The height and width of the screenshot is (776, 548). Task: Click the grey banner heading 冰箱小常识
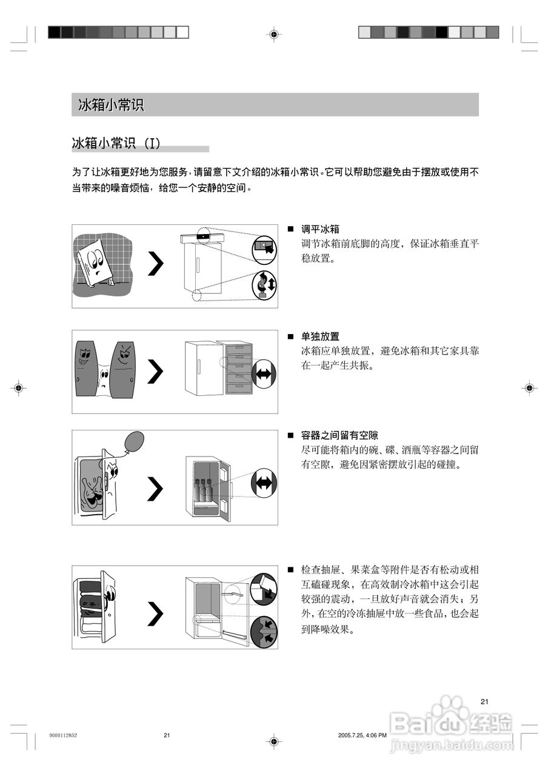coord(111,105)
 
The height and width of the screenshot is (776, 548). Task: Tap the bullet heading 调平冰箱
coord(320,229)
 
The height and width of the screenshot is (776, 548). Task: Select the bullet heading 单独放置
coord(320,336)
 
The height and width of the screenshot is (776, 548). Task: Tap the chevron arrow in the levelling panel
coord(156,264)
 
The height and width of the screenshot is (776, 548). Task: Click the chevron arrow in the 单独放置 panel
coord(156,371)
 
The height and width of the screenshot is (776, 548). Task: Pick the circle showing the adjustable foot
coord(264,284)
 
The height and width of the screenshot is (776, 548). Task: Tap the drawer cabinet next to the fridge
coord(238,367)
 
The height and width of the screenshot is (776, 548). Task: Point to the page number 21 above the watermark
coord(484,701)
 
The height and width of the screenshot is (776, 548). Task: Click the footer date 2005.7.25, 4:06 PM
coord(362,735)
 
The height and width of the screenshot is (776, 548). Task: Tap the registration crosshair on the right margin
coord(529,387)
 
